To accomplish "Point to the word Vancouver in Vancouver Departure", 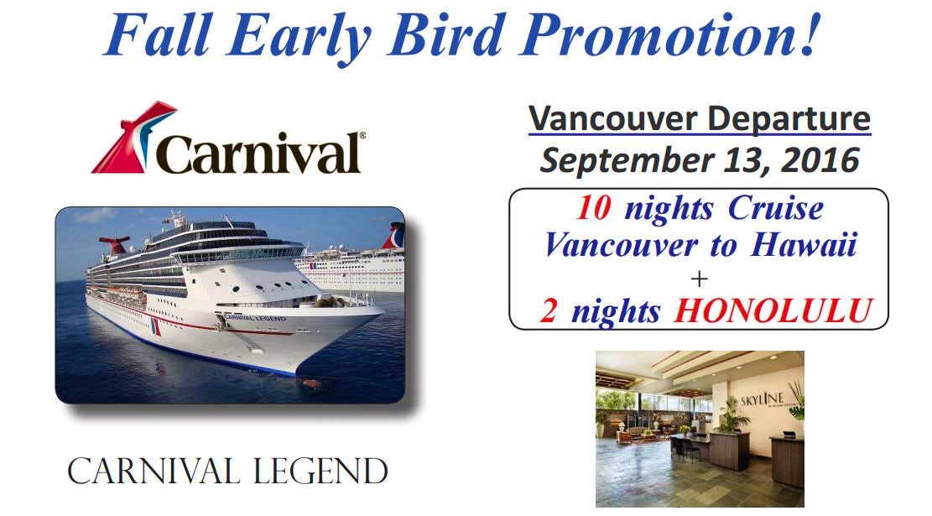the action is tap(613, 118).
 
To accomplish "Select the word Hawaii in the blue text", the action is tap(804, 244).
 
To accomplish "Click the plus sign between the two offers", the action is tap(699, 279).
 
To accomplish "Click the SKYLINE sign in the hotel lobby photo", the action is tap(763, 399).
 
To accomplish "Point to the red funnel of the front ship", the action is tap(115, 243).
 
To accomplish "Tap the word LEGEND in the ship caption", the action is tap(320, 472).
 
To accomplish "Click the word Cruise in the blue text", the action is tap(776, 208).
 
